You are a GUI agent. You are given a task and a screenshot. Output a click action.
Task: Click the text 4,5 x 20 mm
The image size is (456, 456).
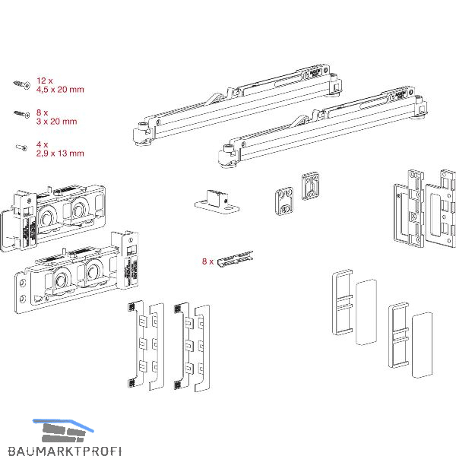coord(60,90)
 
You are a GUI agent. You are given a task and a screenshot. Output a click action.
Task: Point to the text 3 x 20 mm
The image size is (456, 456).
coord(57,122)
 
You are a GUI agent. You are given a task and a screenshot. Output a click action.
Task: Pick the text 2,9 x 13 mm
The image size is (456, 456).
coord(60,154)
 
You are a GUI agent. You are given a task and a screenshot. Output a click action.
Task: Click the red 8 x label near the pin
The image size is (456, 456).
coord(207,261)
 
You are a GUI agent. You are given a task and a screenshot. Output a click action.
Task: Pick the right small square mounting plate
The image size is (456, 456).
coord(309,186)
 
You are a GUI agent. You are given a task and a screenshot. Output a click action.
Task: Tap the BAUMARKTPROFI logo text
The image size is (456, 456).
coord(62,451)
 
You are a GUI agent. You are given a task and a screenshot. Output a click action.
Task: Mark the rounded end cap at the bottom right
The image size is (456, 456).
coord(422,344)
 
